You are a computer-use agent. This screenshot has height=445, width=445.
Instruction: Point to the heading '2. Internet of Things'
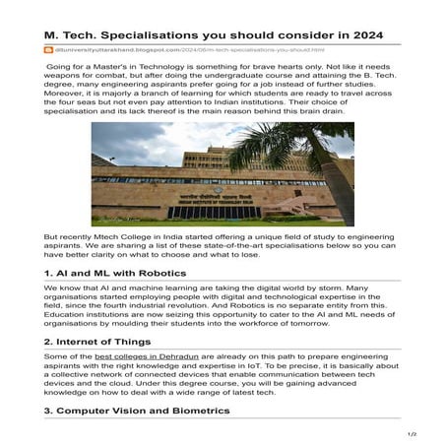coord(100,342)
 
